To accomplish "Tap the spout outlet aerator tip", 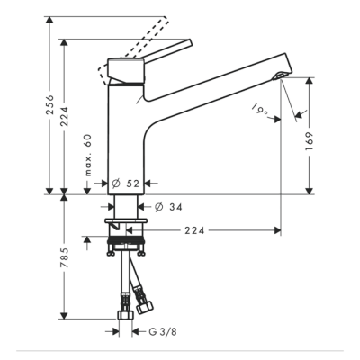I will (282, 76).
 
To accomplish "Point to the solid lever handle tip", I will (189, 42).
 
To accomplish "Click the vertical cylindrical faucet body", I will (123, 135).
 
